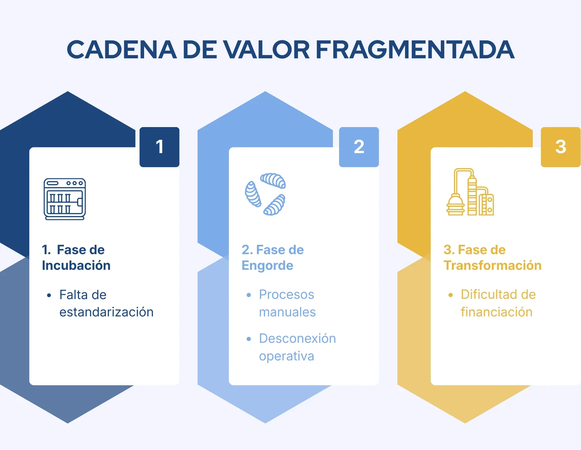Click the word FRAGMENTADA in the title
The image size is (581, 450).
(415, 50)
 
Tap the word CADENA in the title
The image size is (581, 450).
(122, 50)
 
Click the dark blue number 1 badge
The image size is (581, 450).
(159, 147)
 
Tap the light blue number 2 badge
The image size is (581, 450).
(359, 147)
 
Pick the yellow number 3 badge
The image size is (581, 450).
(561, 147)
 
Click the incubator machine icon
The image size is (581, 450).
(65, 199)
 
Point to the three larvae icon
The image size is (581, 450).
(265, 194)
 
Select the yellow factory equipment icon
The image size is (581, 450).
(470, 192)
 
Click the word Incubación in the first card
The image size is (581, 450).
(76, 266)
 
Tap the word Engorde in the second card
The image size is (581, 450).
(267, 266)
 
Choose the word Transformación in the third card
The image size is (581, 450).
(492, 266)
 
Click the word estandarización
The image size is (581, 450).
(106, 312)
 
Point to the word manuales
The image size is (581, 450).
(287, 312)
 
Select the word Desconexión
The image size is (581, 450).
(297, 339)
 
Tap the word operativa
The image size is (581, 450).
(287, 356)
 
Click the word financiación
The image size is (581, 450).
(497, 312)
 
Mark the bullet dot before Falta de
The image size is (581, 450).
(49, 296)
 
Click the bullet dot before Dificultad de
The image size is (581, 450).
(451, 295)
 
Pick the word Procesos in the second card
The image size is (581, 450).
(287, 295)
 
